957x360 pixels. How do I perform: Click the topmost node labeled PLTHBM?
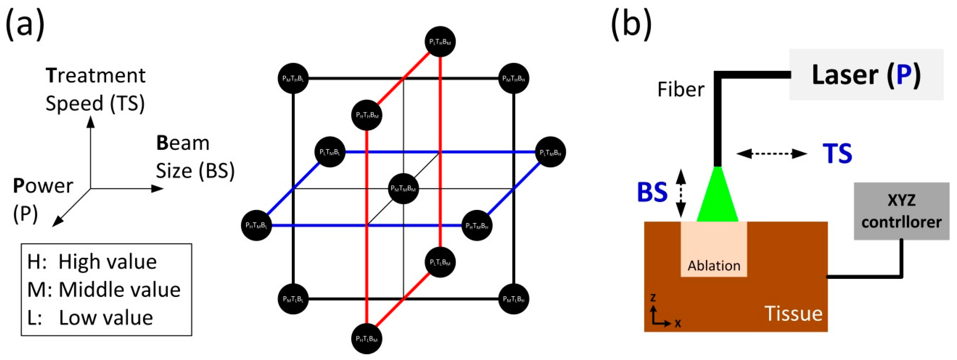[x=440, y=42]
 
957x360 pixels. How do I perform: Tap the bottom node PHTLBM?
[x=367, y=339]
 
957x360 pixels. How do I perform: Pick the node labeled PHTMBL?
[x=256, y=225]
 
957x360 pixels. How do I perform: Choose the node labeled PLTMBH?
[x=550, y=152]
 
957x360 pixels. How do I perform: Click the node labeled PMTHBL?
[x=293, y=78]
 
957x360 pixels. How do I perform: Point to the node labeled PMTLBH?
[x=513, y=299]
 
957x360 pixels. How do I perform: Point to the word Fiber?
[x=681, y=90]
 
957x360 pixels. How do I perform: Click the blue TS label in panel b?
[x=837, y=153]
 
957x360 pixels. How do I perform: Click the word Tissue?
[x=793, y=314]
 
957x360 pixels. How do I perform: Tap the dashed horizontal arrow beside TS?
[x=772, y=153]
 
